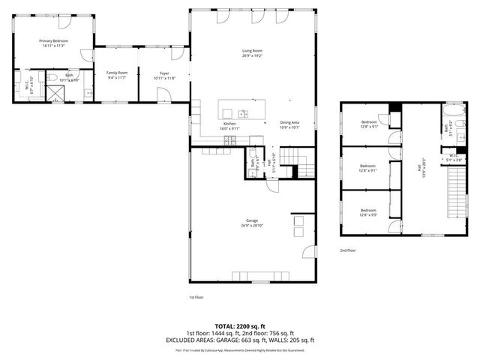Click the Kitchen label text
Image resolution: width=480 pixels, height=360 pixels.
(x=229, y=125)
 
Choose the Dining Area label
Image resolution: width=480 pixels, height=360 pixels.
(x=290, y=124)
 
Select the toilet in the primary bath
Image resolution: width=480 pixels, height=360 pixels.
(x=52, y=76)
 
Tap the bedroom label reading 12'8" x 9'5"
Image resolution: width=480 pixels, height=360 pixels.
(x=367, y=212)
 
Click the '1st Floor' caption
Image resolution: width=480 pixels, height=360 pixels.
(x=196, y=297)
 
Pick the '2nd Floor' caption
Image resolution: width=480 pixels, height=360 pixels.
(x=348, y=250)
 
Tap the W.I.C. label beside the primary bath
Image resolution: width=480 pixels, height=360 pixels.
(x=27, y=85)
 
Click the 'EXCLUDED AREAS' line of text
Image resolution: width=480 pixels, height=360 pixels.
(x=240, y=340)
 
